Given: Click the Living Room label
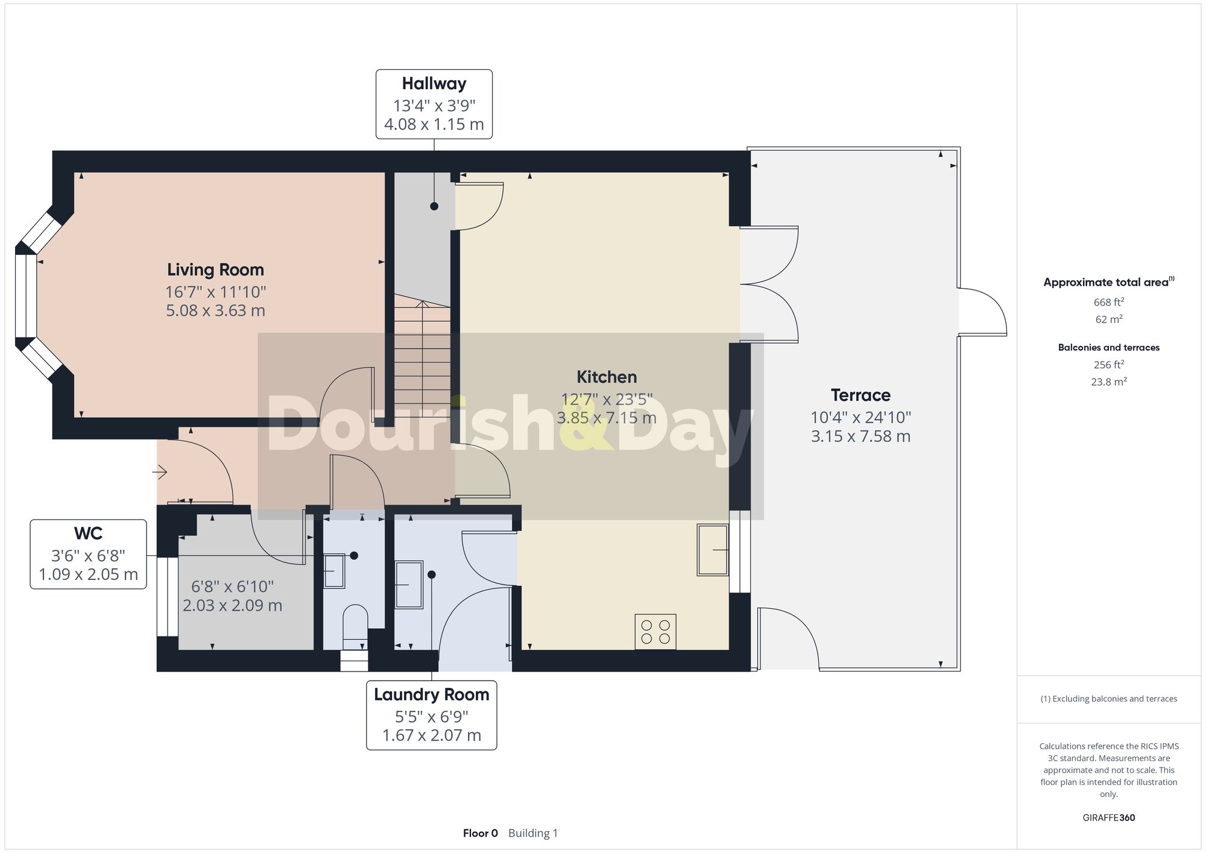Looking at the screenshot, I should [x=215, y=269].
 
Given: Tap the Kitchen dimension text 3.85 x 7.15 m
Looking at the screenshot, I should [x=606, y=418].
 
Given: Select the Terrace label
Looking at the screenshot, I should [x=860, y=395].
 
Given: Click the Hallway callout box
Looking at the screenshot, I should [x=434, y=104].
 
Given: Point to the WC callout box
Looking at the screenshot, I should [x=88, y=554].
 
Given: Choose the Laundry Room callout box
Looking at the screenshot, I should [x=431, y=715].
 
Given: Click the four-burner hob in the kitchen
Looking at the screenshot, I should [x=655, y=632].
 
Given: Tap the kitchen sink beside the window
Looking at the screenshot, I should [x=712, y=549].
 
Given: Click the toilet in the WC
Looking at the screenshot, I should [x=355, y=621].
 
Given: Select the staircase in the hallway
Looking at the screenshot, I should [x=422, y=356].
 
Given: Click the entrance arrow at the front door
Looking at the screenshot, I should [x=160, y=471].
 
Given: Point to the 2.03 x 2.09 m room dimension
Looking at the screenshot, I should [x=232, y=605].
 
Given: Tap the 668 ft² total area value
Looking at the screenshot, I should [x=1108, y=302].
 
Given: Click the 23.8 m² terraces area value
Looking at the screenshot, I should [x=1108, y=382].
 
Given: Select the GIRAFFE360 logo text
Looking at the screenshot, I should [x=1108, y=817].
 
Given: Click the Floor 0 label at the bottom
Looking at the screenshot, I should [x=480, y=833].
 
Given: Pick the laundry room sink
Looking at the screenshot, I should [x=409, y=584].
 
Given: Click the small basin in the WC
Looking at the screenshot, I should [x=334, y=571].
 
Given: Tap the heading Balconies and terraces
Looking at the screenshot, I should [x=1108, y=347].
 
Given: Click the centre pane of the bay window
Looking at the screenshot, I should [x=26, y=295].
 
